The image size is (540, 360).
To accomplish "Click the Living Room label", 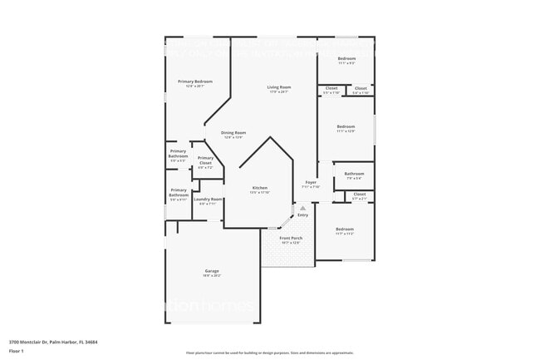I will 279,87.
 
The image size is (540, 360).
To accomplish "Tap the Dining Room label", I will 233,133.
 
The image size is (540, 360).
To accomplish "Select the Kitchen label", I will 260,189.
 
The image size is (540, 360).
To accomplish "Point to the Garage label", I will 212,272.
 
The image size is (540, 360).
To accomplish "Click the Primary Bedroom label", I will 195,81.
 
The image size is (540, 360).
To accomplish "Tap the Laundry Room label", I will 208,200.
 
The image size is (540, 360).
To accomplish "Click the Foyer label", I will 311,182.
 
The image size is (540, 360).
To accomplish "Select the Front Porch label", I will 291,239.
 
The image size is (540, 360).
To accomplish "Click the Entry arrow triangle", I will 302,208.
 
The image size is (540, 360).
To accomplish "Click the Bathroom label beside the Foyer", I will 353,174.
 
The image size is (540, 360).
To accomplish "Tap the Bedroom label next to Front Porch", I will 345,229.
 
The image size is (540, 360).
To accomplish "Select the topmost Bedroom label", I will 346,58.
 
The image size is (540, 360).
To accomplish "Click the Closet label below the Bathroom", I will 359,195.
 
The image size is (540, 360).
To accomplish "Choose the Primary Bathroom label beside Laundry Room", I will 179,193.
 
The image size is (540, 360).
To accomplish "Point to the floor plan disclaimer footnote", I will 270,353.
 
